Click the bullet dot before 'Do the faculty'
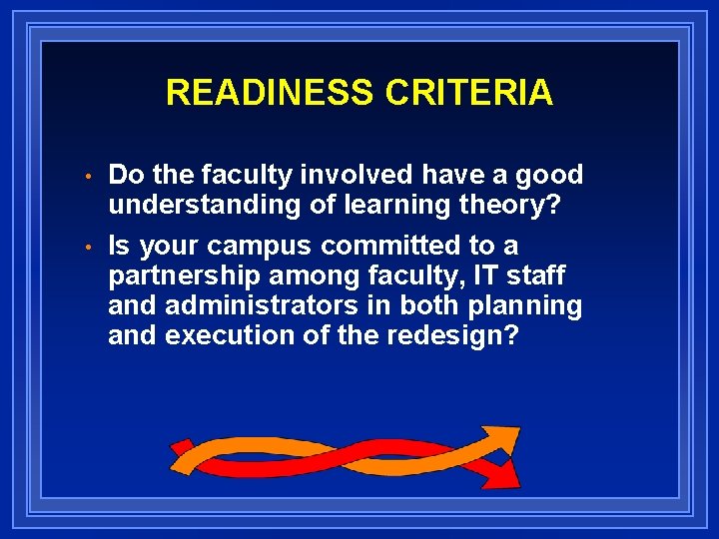[89, 178]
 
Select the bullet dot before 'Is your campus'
[89, 248]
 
